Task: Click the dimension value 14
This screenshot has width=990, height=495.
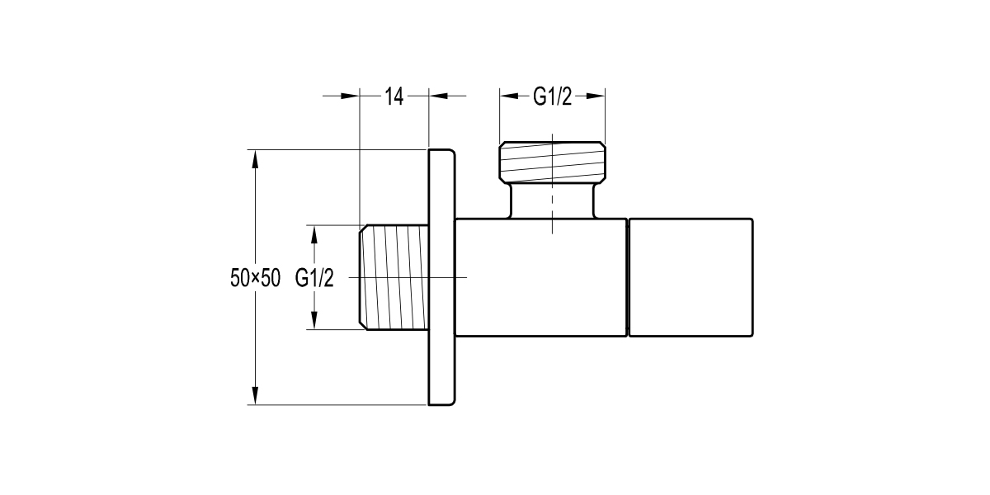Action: pos(394,97)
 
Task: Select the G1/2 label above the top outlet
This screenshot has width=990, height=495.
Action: pos(552,97)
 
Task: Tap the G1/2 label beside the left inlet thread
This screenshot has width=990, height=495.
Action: pos(313,278)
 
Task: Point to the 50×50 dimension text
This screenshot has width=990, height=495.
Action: pos(255,278)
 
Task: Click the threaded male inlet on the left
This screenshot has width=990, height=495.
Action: pos(394,277)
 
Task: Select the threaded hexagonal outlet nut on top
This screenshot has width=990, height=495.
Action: pos(552,161)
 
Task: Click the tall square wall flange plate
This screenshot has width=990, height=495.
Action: pos(441,277)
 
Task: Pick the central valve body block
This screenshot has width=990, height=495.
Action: pos(540,278)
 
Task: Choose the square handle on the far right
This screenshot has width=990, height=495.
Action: pos(691,278)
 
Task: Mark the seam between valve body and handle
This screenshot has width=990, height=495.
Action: pos(627,278)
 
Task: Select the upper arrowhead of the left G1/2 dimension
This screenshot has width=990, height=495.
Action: pos(313,233)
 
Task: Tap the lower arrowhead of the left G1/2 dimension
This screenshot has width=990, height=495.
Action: pos(313,322)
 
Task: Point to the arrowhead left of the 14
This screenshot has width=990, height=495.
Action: pos(352,97)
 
